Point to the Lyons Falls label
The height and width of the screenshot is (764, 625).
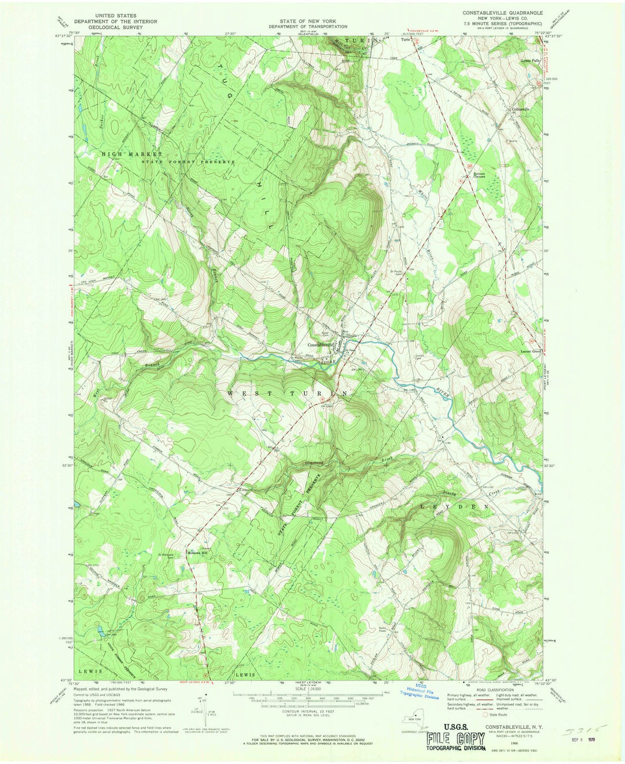(530, 61)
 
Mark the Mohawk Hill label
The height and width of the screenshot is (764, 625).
(197, 553)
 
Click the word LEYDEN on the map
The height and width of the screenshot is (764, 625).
(454, 506)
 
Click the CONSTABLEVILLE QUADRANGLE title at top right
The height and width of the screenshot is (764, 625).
(502, 12)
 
